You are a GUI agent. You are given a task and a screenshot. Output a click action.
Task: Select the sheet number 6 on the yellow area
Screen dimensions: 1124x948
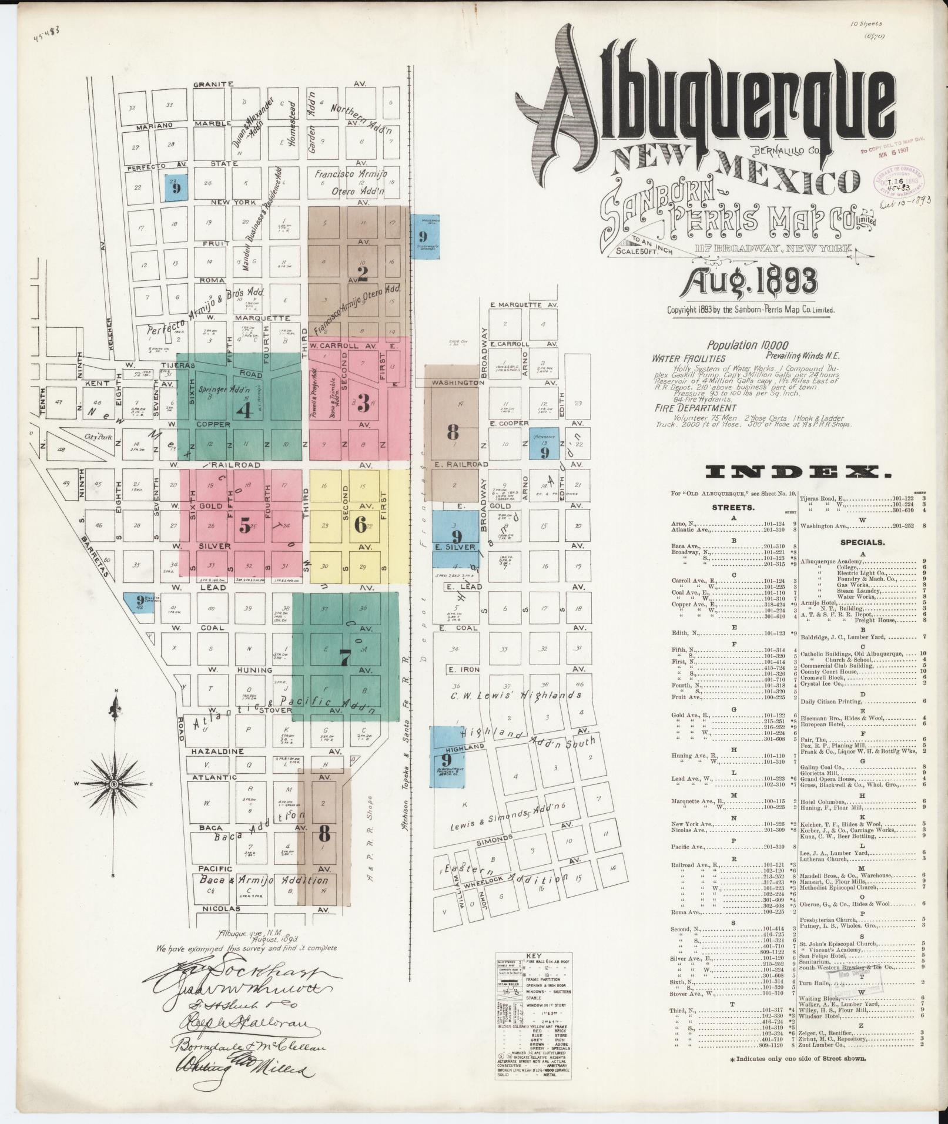[x=360, y=524]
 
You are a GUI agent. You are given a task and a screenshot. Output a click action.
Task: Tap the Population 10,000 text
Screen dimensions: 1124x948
[x=748, y=345]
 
